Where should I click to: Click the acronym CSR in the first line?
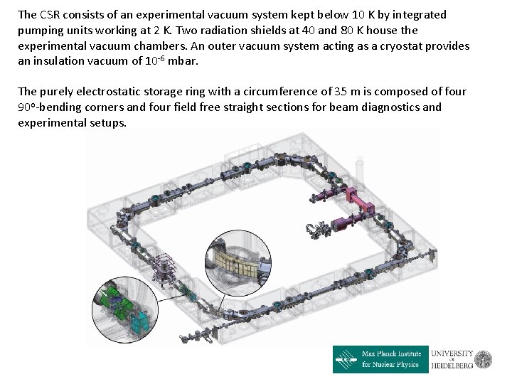point(50,15)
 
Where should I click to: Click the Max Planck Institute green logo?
point(380,359)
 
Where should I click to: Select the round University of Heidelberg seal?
point(484,360)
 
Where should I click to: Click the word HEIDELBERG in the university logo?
point(452,366)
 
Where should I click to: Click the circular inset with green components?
point(125,310)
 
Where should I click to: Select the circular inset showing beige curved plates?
point(238,263)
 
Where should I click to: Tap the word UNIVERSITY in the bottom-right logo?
point(452,353)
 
